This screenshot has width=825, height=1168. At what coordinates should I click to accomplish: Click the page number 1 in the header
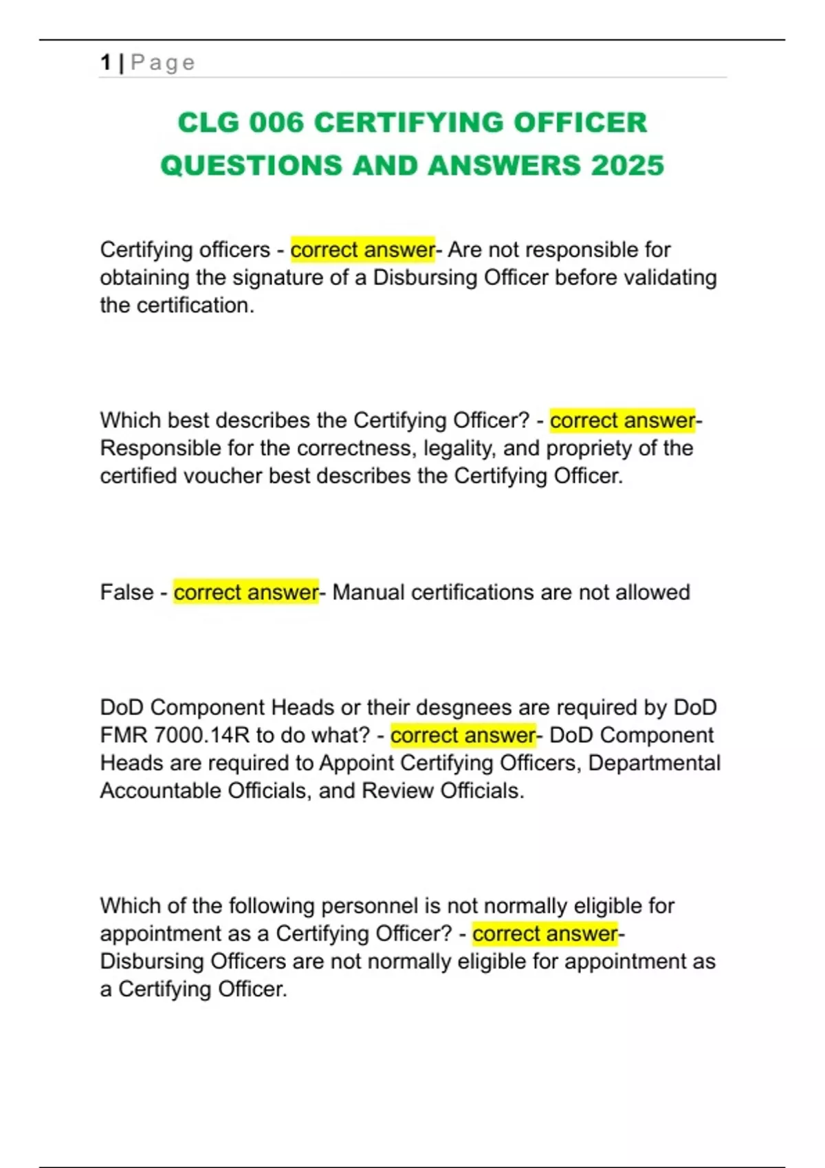click(x=105, y=63)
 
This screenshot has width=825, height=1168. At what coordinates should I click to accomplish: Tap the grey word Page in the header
click(x=163, y=63)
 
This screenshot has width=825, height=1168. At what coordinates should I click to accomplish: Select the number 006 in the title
click(x=276, y=123)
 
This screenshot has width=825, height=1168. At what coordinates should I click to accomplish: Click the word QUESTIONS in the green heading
click(x=251, y=166)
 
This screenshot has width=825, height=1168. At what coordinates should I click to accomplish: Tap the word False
click(x=126, y=592)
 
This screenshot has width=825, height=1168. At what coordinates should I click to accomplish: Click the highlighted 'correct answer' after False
click(x=245, y=592)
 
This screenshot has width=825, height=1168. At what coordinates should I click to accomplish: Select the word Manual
click(x=368, y=592)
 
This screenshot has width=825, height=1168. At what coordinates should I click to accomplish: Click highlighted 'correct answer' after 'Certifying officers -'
click(x=362, y=249)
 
